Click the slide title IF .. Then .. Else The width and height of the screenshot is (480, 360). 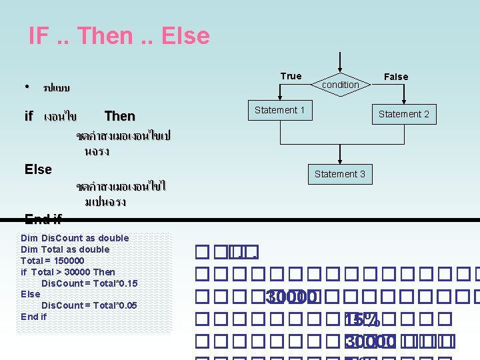click(x=119, y=36)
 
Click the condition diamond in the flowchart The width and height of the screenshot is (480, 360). click(x=340, y=84)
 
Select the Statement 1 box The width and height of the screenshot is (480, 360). click(x=280, y=110)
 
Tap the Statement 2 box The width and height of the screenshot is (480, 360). click(x=404, y=114)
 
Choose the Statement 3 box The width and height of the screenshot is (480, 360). click(x=340, y=174)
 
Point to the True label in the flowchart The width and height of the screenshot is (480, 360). click(x=291, y=76)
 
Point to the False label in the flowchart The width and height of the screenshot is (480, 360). click(x=396, y=77)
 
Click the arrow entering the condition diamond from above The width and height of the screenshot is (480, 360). click(x=340, y=63)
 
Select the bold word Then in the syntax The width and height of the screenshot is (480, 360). click(x=120, y=116)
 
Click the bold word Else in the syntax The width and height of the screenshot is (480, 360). click(x=38, y=169)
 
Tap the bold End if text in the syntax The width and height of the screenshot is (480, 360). click(x=43, y=218)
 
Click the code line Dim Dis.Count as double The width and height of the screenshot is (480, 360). click(x=75, y=238)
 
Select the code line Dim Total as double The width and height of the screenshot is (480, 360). click(x=65, y=249)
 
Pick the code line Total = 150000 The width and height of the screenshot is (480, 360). click(x=53, y=261)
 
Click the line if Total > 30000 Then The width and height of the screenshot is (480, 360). click(x=68, y=272)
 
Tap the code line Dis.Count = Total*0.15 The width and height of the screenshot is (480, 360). click(x=89, y=283)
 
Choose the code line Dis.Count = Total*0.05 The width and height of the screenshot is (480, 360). click(x=89, y=305)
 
